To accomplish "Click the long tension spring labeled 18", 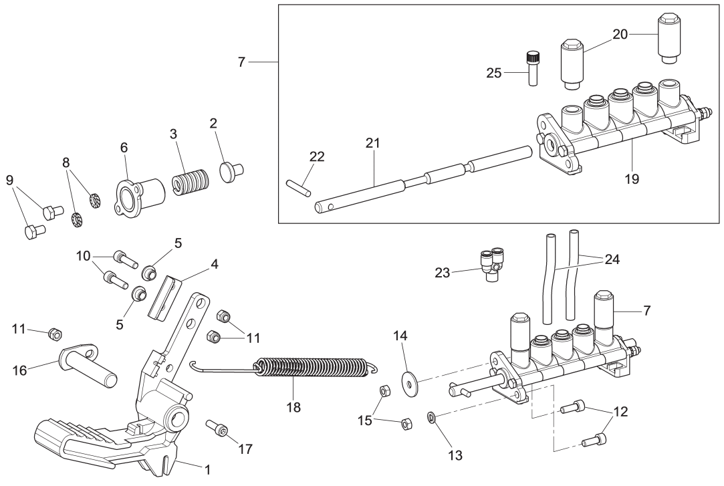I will coord(314,368).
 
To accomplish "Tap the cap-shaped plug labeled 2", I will coord(231,170).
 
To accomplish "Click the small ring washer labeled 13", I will coord(431,418).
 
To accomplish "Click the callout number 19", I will coord(632,179).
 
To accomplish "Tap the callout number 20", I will coord(620,34).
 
